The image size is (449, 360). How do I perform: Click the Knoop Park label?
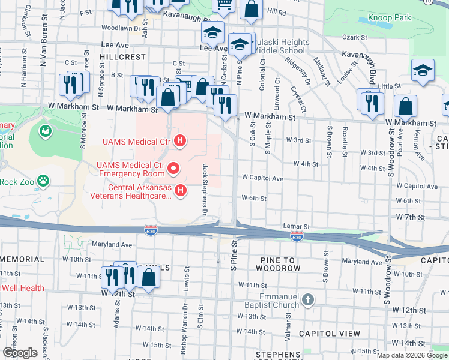click(390, 19)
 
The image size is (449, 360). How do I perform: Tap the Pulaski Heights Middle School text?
click(281, 47)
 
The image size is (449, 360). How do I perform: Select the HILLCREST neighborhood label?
click(123, 56)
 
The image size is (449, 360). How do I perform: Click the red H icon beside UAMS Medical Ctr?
click(179, 142)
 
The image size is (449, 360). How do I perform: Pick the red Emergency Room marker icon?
click(173, 169)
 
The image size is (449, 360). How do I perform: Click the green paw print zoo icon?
click(43, 180)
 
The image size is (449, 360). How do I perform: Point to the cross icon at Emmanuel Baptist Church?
click(307, 299)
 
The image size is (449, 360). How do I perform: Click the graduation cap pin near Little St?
click(423, 70)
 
